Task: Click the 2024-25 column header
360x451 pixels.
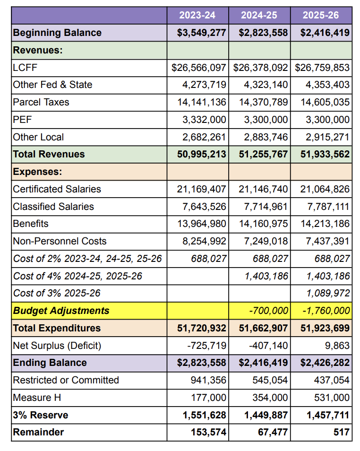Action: (x=259, y=15)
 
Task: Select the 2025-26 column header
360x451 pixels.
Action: (x=321, y=15)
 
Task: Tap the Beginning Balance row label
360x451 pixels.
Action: (x=57, y=33)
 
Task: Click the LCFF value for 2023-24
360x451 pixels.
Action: (x=199, y=68)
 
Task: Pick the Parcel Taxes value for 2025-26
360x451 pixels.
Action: (x=325, y=102)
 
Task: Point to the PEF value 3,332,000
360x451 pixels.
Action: (x=204, y=120)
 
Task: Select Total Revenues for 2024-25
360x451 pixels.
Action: (x=263, y=154)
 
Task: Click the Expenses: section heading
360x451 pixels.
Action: (x=37, y=172)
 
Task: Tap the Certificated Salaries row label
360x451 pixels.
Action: (x=57, y=189)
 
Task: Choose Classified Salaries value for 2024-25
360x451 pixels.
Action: (x=266, y=207)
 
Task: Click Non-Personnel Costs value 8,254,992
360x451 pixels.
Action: (x=204, y=241)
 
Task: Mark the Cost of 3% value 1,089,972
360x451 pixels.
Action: (x=328, y=293)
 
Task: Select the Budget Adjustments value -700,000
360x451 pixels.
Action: (x=268, y=311)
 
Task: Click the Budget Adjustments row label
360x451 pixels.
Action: (x=61, y=311)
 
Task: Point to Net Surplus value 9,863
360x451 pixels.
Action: (x=337, y=346)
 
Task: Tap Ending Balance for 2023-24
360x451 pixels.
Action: (x=202, y=363)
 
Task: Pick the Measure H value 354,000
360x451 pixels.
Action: (x=270, y=398)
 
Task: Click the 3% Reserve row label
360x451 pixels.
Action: (x=41, y=415)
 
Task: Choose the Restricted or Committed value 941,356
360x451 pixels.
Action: (x=208, y=380)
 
